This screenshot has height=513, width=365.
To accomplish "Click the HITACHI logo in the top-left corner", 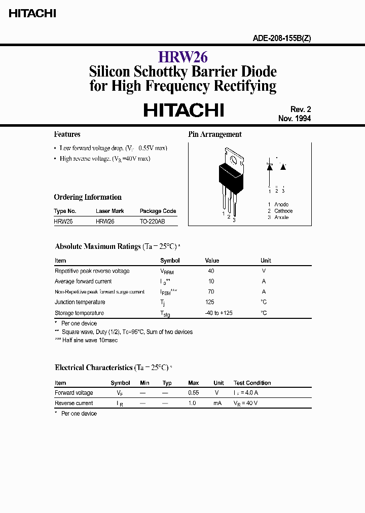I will point(32,14).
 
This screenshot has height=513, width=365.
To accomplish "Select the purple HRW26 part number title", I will point(182,57).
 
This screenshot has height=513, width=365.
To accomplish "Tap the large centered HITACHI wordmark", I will point(184,110).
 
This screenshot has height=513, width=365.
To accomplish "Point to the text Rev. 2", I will point(300,109).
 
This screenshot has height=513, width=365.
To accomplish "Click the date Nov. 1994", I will point(294,118).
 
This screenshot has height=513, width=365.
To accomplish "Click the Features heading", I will point(67,134).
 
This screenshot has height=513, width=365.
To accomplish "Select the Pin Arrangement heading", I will point(215,134).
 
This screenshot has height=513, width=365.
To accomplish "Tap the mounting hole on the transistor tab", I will point(234,160).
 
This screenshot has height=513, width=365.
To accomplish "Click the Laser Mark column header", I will point(109,211).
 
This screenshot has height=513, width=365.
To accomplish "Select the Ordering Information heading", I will point(88,197).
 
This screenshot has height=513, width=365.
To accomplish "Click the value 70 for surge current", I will point(211,291).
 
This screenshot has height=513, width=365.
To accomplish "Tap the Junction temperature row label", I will point(80,302).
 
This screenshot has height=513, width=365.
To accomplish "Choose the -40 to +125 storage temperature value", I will point(218,313).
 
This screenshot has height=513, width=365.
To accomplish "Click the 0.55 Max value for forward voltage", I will point(193,393).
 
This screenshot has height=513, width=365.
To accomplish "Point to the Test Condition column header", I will point(252,383).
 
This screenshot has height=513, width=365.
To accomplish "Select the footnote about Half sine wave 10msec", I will point(86,340).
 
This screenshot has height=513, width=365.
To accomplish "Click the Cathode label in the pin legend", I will point(283,211).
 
